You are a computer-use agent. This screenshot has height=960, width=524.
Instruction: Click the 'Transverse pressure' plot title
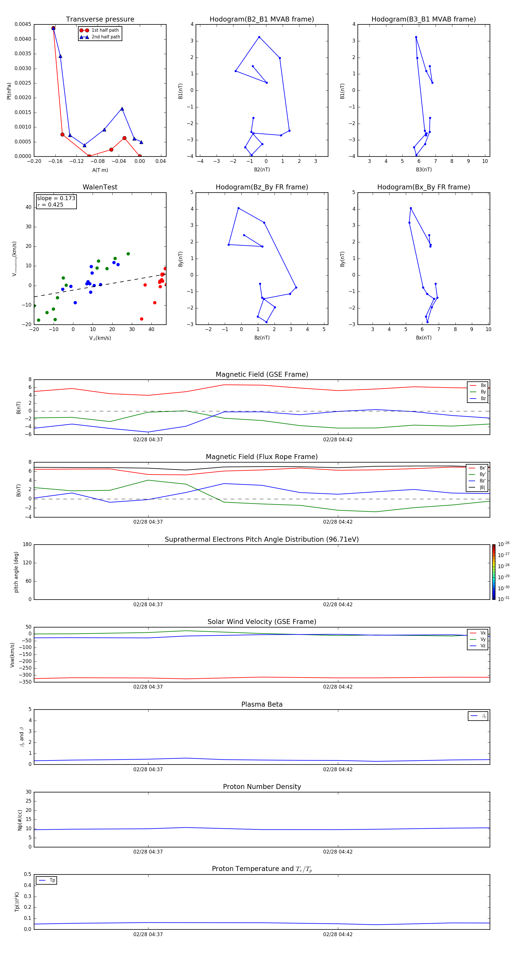(x=100, y=19)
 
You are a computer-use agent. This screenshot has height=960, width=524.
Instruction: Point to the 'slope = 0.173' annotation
(x=56, y=198)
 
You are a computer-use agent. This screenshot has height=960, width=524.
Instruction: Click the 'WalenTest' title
(x=100, y=187)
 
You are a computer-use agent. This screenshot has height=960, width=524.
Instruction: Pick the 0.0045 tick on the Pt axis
(x=23, y=24)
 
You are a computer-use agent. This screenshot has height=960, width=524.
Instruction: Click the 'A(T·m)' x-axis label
(x=100, y=170)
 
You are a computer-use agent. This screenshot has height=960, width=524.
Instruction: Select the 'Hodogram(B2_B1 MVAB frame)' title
(x=261, y=19)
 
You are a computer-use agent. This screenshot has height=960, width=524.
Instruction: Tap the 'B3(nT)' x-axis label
(x=424, y=170)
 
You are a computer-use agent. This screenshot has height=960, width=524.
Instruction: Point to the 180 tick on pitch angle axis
(x=27, y=545)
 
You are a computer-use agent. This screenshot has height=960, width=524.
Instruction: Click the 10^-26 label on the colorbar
(x=504, y=544)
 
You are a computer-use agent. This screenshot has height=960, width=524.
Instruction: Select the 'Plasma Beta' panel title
(x=262, y=704)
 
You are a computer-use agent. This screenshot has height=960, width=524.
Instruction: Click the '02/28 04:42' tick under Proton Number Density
(x=337, y=851)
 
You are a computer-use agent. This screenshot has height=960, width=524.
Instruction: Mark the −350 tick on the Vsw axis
(x=25, y=682)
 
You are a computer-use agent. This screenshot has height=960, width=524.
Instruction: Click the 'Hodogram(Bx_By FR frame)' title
(x=423, y=187)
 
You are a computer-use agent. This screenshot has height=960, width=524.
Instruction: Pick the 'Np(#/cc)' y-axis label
(x=20, y=820)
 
